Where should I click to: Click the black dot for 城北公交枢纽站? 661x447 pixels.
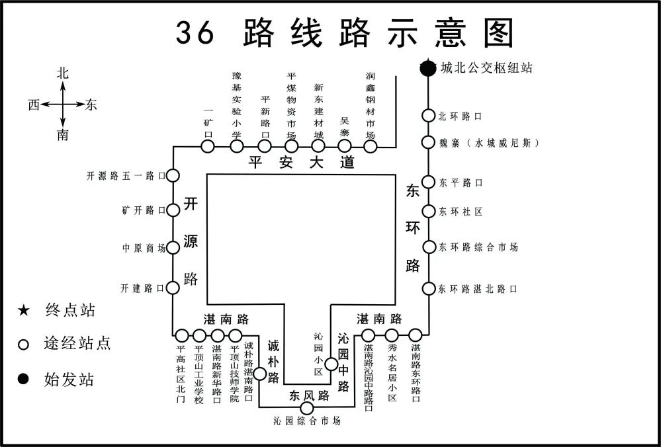pyautogui.click(x=428, y=67)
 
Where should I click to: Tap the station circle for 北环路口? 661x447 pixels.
pyautogui.click(x=428, y=116)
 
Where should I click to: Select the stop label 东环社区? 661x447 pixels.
pyautogui.click(x=461, y=212)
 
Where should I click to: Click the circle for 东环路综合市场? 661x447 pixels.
pyautogui.click(x=428, y=247)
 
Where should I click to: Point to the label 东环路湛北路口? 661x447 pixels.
pyautogui.click(x=478, y=289)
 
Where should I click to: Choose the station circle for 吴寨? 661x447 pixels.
pyautogui.click(x=344, y=147)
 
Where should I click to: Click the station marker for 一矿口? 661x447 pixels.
pyautogui.click(x=208, y=147)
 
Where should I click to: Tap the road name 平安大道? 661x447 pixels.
pyautogui.click(x=302, y=163)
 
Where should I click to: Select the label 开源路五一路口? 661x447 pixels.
pyautogui.click(x=125, y=176)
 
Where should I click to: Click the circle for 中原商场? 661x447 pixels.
pyautogui.click(x=173, y=247)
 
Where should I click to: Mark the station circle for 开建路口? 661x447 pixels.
pyautogui.click(x=173, y=288)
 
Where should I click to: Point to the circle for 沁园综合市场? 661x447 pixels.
pyautogui.click(x=307, y=408)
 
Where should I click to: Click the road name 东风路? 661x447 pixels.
pyautogui.click(x=309, y=396)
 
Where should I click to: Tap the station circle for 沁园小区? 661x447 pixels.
pyautogui.click(x=331, y=364)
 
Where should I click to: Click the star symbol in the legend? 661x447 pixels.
pyautogui.click(x=24, y=309)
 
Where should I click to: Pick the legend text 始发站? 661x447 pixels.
pyautogui.click(x=69, y=380)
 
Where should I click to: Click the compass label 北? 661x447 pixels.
pyautogui.click(x=63, y=74)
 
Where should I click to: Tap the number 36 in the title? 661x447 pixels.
pyautogui.click(x=195, y=32)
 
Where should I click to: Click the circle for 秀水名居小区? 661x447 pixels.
pyautogui.click(x=392, y=335)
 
